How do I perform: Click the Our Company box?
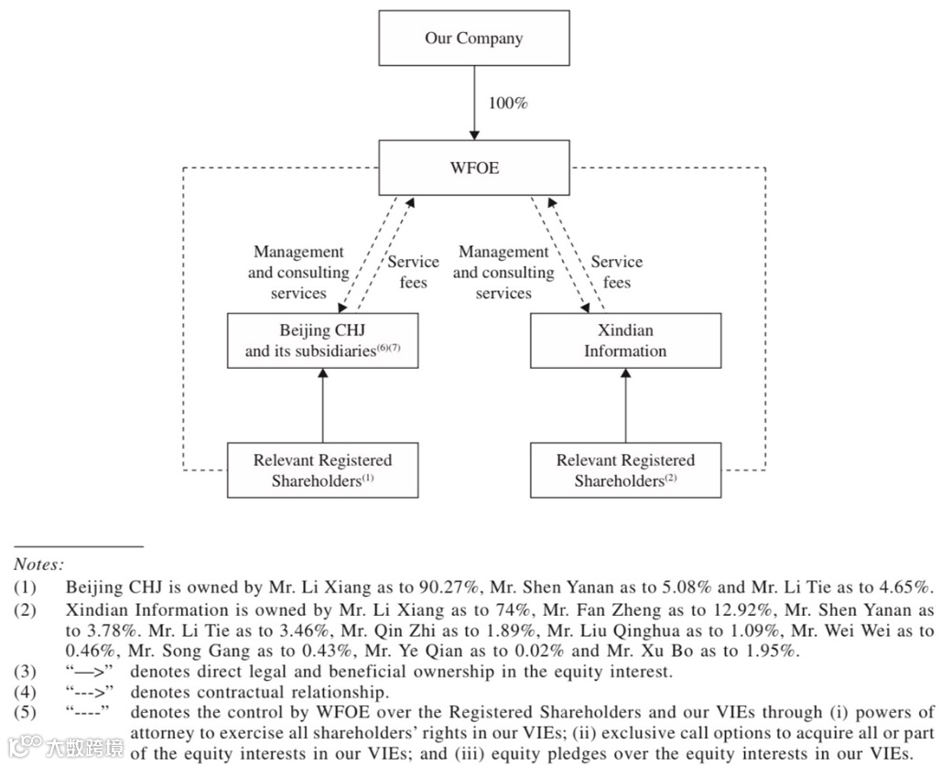pyautogui.click(x=473, y=38)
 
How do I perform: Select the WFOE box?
pyautogui.click(x=474, y=168)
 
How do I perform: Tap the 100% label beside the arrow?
pyautogui.click(x=508, y=102)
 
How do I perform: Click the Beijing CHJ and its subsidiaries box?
pyautogui.click(x=322, y=340)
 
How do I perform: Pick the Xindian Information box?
pyautogui.click(x=625, y=340)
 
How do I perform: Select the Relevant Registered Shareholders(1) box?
pyautogui.click(x=322, y=470)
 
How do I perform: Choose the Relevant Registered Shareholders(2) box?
pyautogui.click(x=625, y=470)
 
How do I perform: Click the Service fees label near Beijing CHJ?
pyautogui.click(x=413, y=272)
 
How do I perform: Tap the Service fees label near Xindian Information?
pyautogui.click(x=616, y=272)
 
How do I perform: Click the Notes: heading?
pyautogui.click(x=38, y=566)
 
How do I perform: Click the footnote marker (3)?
pyautogui.click(x=25, y=672)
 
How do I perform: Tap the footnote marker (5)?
pyautogui.click(x=25, y=713)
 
